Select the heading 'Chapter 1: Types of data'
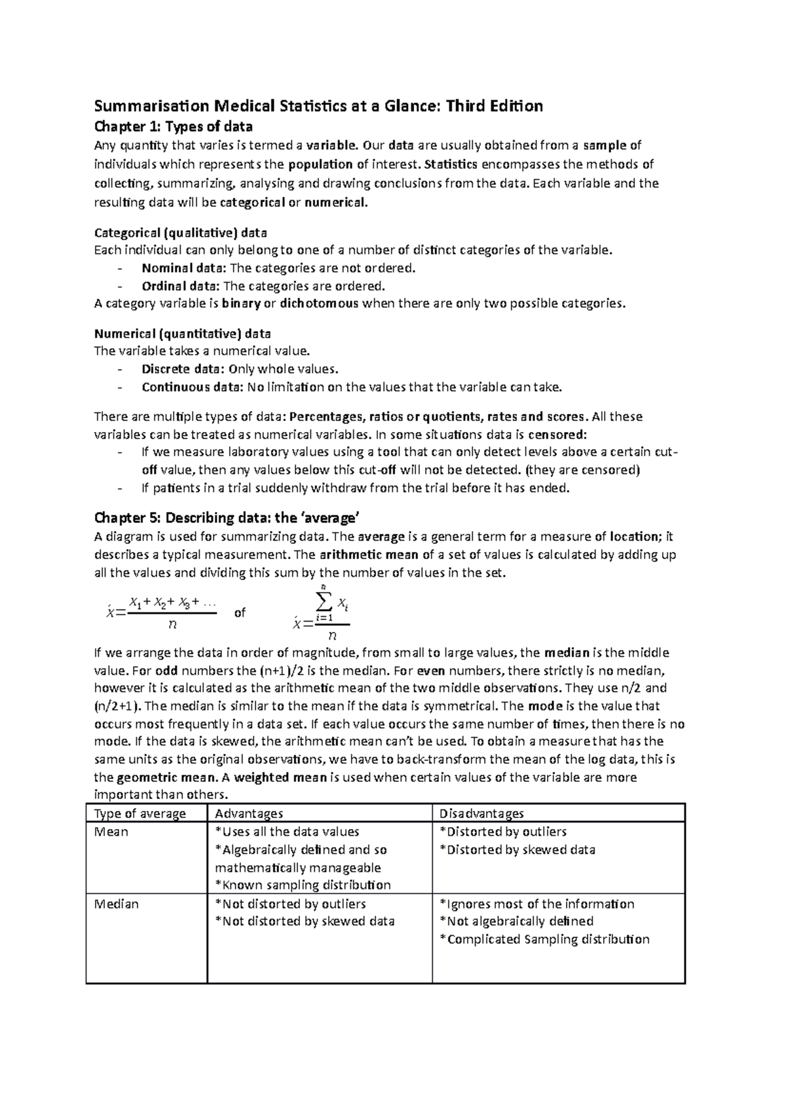pyautogui.click(x=173, y=126)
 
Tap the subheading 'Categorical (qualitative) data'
pyautogui.click(x=181, y=233)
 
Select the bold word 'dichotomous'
pyautogui.click(x=319, y=303)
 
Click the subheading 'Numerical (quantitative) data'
pyautogui.click(x=183, y=334)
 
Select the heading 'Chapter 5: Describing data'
pyautogui.click(x=227, y=518)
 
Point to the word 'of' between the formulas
pyautogui.click(x=240, y=613)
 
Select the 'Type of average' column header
pyautogui.click(x=140, y=813)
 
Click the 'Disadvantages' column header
pyautogui.click(x=481, y=813)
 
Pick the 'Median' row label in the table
pyautogui.click(x=117, y=904)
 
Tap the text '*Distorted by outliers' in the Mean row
pyautogui.click(x=503, y=832)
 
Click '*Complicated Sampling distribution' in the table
pyautogui.click(x=544, y=939)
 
